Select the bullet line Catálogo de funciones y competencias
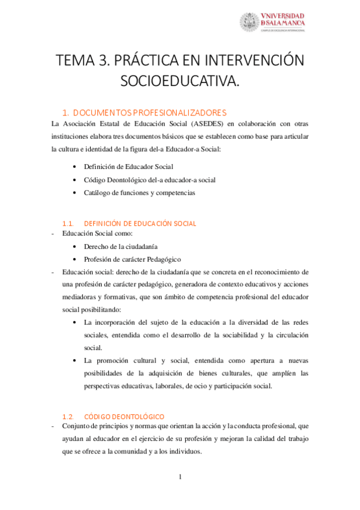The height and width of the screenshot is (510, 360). [139, 192]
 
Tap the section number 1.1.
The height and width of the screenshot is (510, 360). [69, 224]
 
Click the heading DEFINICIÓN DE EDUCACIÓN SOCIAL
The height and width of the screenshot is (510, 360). [140, 224]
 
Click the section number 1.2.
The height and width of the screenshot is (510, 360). [69, 416]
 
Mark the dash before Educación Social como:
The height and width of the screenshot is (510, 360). [53, 234]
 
